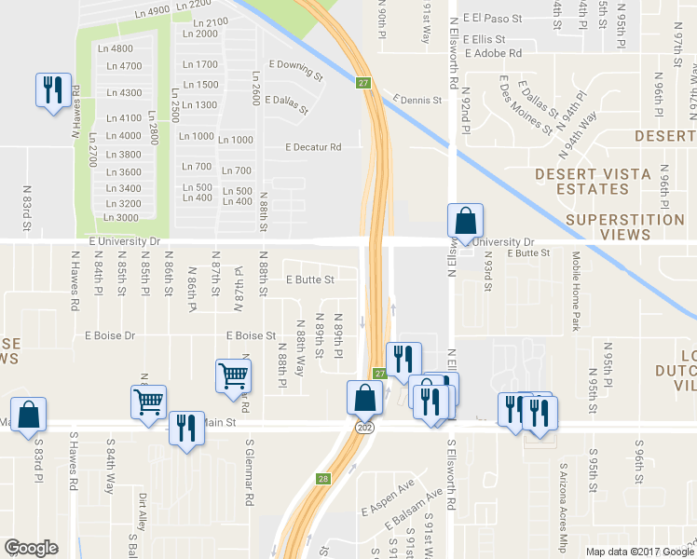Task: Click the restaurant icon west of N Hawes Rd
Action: tap(50, 89)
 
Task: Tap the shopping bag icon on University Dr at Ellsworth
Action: tap(465, 221)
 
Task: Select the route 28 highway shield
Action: tap(323, 479)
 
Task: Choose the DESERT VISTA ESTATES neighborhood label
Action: tap(582, 182)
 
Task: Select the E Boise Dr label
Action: tap(109, 335)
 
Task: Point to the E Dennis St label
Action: tap(417, 99)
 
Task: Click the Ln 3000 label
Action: tap(121, 218)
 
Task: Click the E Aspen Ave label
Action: tap(387, 501)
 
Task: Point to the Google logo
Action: tap(32, 547)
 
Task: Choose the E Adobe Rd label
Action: tap(487, 54)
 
